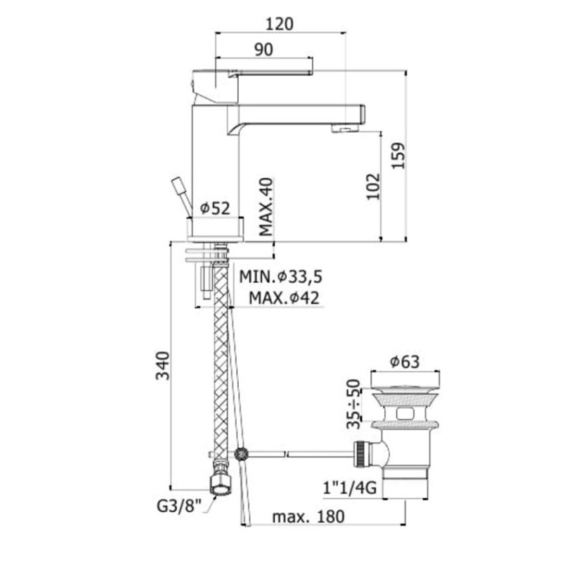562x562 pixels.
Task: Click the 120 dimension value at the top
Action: (x=280, y=24)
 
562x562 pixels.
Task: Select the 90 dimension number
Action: (x=264, y=49)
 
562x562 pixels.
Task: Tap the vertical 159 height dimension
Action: (x=398, y=155)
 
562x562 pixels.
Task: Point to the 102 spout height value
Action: (x=373, y=186)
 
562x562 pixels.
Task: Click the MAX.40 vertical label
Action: (x=266, y=207)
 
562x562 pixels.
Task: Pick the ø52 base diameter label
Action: (x=215, y=208)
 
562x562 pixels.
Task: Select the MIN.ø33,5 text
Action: (x=281, y=277)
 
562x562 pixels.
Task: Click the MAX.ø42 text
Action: (x=285, y=297)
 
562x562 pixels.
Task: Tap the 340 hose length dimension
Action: (x=162, y=365)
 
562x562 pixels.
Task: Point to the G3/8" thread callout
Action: (x=179, y=506)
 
